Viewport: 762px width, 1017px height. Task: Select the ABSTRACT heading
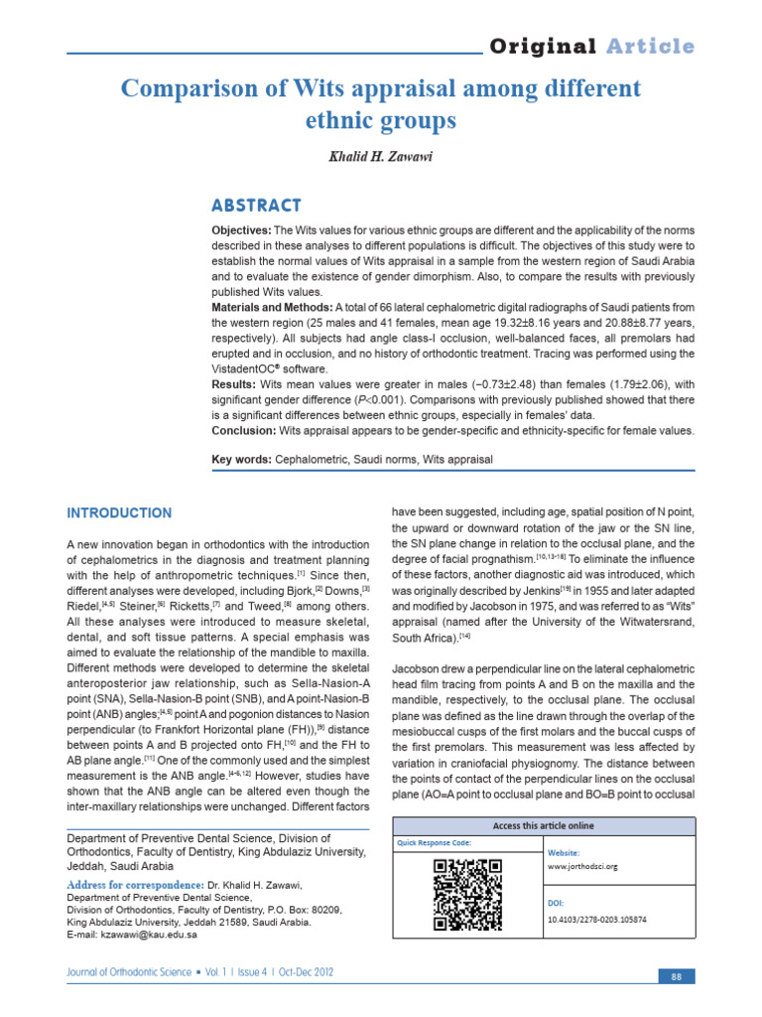[256, 206]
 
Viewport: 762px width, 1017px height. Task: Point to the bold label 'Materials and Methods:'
[273, 308]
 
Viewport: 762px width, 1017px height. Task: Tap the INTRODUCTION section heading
[119, 513]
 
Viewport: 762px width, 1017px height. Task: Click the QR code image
[468, 893]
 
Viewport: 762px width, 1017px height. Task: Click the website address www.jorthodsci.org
[582, 866]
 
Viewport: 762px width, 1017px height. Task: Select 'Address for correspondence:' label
[135, 884]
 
